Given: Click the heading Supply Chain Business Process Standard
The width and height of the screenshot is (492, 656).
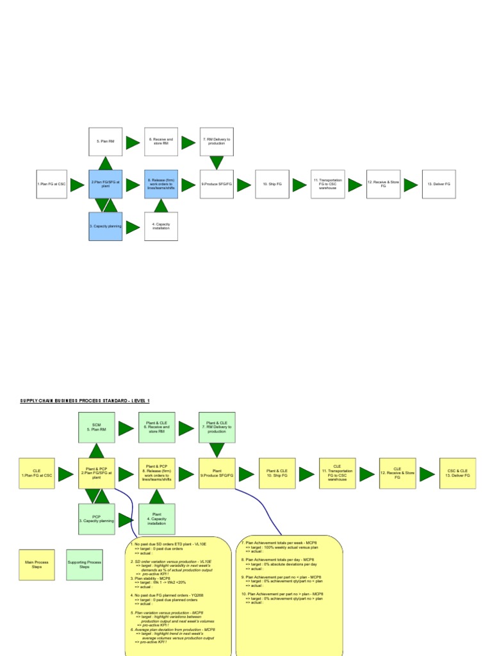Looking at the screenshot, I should point(85,400).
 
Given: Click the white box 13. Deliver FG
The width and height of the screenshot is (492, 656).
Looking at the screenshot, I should point(439,184).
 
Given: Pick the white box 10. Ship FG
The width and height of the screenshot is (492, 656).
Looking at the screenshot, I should point(272,184).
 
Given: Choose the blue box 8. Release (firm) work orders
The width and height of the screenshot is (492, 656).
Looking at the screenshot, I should point(161,184).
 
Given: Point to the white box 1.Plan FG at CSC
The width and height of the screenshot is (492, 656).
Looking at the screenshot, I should point(51,184).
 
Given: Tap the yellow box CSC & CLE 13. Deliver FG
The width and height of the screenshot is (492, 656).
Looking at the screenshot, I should point(457,474).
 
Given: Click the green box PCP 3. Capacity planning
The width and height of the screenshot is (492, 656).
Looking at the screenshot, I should point(97,518).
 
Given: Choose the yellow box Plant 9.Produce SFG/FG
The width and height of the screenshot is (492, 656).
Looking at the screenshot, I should point(217,474).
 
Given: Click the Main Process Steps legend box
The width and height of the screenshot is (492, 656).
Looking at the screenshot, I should point(37,565).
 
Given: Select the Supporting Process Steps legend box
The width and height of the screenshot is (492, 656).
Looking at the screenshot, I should point(85,565).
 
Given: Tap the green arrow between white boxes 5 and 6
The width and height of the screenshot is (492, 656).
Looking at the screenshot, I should point(133,143).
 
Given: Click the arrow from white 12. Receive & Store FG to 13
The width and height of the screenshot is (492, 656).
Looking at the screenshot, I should point(411,184).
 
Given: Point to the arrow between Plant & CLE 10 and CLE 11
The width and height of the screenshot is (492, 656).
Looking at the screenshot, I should point(306,475).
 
